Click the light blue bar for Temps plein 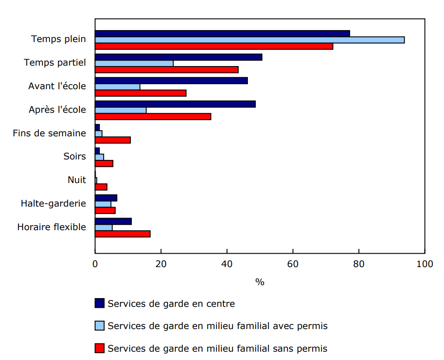[250, 40]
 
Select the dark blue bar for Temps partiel [179, 57]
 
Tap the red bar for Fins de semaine [113, 140]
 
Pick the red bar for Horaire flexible [123, 234]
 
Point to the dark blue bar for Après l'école [175, 104]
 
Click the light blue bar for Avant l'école [117, 87]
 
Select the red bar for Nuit [101, 187]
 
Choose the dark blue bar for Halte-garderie [106, 198]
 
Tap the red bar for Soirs [104, 163]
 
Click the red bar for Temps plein [214, 46]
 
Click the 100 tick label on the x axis [425, 264]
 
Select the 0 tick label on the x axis [95, 264]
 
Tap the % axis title [259, 282]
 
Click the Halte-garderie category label [53, 203]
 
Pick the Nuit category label [76, 180]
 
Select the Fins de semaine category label [49, 133]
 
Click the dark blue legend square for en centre [99, 303]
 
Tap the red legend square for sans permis [99, 348]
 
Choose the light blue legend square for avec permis [99, 326]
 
